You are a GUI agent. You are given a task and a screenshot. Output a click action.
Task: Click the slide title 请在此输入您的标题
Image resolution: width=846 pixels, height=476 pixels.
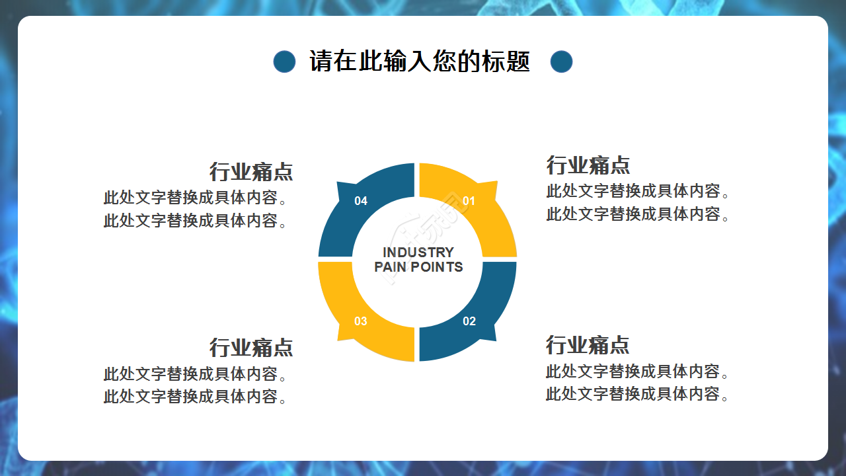pos(420,62)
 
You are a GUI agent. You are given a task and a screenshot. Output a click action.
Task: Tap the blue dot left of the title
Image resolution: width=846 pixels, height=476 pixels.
pos(284,62)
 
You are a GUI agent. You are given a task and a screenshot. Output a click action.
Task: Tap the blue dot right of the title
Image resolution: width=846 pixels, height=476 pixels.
pos(561,62)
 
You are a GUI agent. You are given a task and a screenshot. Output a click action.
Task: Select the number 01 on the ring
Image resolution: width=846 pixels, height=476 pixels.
pos(469,201)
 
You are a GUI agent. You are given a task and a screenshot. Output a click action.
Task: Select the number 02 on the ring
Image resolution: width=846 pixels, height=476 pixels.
pos(469,321)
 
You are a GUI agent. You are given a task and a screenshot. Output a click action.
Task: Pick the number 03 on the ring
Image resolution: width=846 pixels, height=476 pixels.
pos(360,321)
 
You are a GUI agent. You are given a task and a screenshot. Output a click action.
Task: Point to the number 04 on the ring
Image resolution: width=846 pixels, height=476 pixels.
pos(361,201)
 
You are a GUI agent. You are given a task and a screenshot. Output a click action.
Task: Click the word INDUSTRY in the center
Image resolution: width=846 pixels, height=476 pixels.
pos(418,252)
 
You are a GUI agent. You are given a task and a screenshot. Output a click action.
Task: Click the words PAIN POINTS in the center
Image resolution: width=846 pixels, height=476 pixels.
pos(418,267)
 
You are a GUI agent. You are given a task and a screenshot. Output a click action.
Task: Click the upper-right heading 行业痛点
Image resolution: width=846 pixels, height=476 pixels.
pos(588,165)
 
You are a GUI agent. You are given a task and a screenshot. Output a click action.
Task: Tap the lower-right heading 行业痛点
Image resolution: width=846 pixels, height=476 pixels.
pos(588,344)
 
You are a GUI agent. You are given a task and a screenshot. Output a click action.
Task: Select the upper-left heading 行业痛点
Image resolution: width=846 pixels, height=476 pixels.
pos(251,172)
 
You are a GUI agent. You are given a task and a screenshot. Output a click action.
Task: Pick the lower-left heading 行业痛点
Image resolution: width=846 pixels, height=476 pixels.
pos(251,347)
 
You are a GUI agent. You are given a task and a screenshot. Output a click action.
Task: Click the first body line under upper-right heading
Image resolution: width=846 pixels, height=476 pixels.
pos(638,192)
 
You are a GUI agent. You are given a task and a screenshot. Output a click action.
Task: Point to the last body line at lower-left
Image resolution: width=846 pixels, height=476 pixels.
pos(196,397)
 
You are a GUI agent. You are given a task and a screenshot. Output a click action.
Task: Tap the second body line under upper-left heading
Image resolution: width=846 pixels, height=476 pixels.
pos(196,221)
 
